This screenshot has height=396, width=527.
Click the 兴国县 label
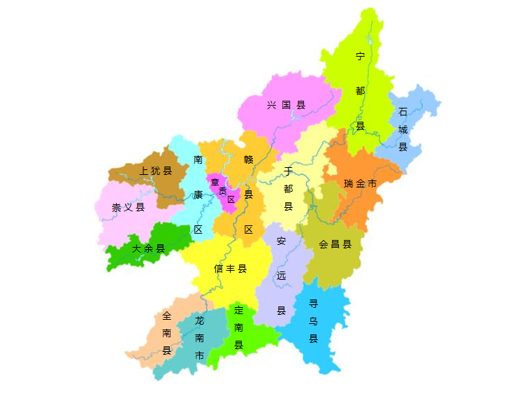tap(287, 106)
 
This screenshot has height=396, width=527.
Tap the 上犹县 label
tap(155, 171)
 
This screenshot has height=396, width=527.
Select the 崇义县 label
tap(128, 207)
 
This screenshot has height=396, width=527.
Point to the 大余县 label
tap(148, 248)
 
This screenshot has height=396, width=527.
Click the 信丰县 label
tap(230, 269)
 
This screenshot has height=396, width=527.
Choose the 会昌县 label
tap(335, 245)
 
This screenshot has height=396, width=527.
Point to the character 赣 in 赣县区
tap(248, 160)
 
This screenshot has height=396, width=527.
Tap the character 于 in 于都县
tap(288, 171)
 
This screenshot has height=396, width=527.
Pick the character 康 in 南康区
tap(198, 195)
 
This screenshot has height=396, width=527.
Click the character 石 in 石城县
tap(403, 112)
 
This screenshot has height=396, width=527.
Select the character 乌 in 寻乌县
tap(313, 321)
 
